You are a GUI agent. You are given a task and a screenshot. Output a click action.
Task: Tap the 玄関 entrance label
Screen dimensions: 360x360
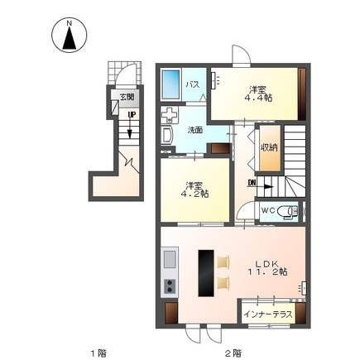click(127, 97)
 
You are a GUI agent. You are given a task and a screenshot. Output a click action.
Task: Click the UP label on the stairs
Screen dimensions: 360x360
click(132, 115)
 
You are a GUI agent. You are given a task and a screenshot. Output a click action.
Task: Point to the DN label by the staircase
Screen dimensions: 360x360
click(252, 182)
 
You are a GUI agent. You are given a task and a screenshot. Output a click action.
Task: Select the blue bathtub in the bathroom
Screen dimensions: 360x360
click(170, 84)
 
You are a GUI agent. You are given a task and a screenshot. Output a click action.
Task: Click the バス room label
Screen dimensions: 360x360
click(193, 84)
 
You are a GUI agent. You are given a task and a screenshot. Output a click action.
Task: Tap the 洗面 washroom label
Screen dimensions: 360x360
click(195, 130)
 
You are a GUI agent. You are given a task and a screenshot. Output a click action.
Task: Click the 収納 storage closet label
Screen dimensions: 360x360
click(270, 147)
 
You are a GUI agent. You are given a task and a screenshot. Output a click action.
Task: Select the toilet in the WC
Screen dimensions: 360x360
click(287, 212)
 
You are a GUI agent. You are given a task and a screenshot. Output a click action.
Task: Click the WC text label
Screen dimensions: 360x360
click(268, 210)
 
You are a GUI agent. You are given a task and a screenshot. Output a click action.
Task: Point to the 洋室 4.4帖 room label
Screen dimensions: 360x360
click(258, 94)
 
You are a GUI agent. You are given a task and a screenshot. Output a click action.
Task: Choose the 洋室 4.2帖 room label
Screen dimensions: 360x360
click(194, 189)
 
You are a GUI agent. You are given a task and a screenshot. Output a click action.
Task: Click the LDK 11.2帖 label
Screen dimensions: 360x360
click(267, 267)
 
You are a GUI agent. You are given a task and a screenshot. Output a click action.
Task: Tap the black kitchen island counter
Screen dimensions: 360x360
click(206, 273)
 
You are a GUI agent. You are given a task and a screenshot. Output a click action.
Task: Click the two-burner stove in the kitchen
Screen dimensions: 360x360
click(170, 286)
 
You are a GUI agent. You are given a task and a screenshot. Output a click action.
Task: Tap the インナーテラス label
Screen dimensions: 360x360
click(268, 314)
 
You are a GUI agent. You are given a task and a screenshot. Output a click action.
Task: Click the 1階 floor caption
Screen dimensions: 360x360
click(98, 353)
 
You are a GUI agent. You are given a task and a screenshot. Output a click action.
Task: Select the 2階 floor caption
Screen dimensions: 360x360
click(233, 353)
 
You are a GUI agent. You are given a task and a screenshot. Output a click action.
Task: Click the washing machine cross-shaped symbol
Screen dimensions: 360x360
click(170, 115)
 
